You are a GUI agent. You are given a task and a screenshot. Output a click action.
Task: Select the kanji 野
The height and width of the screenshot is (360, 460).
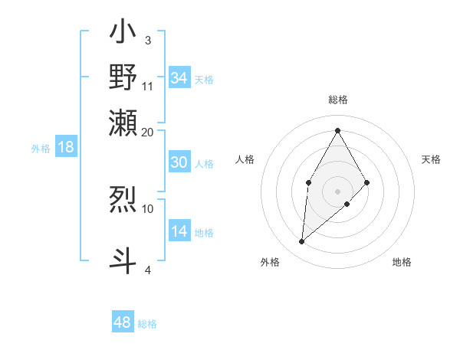123,77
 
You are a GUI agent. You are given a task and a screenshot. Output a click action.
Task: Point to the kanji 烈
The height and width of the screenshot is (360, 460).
123,199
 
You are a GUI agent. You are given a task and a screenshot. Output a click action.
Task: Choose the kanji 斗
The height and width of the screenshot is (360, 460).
123,259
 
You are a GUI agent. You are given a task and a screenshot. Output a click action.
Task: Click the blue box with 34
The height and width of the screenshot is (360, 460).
179,78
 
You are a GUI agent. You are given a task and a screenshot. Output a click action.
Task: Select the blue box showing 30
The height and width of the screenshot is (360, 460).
179,162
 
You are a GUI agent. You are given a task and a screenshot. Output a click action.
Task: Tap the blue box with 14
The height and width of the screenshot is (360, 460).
179,231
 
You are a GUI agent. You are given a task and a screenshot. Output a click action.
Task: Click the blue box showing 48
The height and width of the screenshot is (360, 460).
123,322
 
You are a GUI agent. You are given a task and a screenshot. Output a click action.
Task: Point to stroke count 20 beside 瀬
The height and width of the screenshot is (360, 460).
148,133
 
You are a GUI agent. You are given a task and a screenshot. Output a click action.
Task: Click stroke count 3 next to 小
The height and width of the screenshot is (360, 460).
147,40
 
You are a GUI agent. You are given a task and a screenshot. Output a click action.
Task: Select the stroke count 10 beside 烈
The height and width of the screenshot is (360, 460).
148,208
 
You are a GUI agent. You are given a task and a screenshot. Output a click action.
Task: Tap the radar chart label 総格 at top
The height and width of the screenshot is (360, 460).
337,100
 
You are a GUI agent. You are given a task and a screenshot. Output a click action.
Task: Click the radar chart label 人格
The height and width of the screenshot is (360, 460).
245,159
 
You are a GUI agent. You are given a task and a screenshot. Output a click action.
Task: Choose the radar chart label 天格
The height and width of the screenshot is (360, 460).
432,159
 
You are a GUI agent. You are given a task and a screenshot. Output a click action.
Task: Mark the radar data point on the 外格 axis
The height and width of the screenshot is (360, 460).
302,242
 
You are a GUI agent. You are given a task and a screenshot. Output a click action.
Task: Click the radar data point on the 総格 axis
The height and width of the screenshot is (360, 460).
337,129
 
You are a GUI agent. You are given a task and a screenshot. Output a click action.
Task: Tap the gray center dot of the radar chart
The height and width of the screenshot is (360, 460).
337,191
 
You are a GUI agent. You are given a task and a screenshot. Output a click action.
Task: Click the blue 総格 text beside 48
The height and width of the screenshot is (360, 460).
148,324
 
